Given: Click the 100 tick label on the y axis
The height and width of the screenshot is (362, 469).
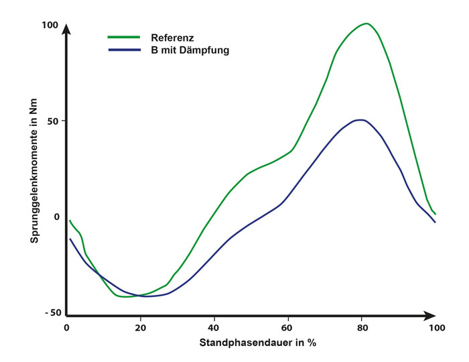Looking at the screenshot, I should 51,25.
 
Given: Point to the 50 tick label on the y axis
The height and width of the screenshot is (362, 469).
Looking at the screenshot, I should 52,121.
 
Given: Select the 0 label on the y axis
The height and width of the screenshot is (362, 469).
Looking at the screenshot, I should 56,217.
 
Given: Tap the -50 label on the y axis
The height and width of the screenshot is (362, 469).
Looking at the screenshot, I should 51,313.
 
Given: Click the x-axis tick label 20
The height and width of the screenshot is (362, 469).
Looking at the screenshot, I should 140,328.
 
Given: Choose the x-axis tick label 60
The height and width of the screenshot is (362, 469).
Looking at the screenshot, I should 288,328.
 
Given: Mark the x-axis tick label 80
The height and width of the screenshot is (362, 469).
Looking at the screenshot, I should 362,328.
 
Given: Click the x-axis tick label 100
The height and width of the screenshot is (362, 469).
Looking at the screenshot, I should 437,328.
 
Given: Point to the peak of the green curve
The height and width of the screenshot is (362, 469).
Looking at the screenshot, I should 366,23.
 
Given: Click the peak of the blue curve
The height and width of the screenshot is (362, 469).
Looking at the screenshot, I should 361,120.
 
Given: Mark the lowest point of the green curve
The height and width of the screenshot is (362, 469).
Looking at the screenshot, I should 124,297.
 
